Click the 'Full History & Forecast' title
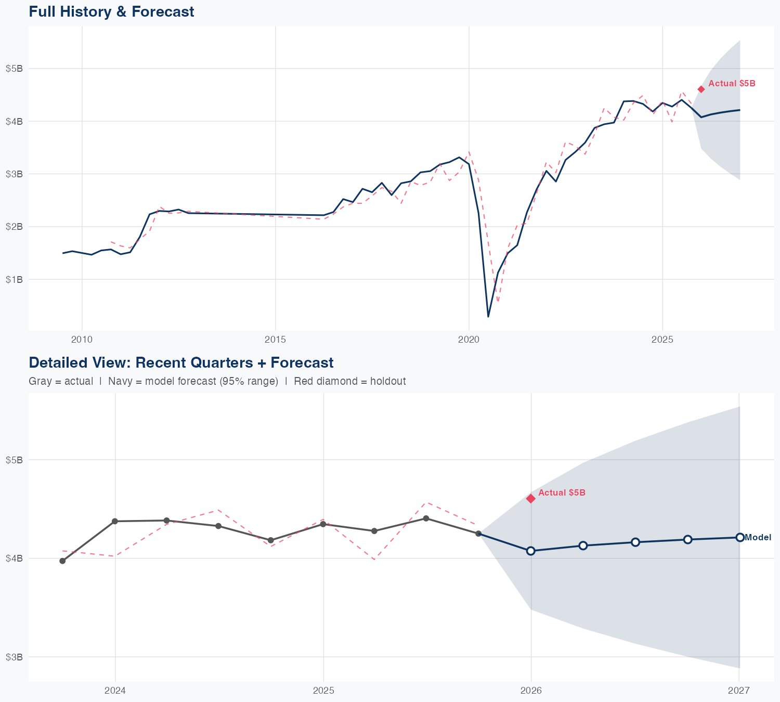(x=111, y=11)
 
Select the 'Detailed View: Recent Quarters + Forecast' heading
(x=181, y=362)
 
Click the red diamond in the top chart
(x=701, y=89)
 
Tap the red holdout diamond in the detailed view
(x=531, y=499)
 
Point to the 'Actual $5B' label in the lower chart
(x=562, y=492)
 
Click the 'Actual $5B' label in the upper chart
(x=732, y=83)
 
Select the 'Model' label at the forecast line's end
(x=758, y=538)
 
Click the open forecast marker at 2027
(x=739, y=537)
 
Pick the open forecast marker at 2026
(x=531, y=551)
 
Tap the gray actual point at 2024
(x=115, y=521)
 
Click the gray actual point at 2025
(x=323, y=524)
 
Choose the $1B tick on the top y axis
(x=14, y=280)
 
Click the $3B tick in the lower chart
(x=14, y=657)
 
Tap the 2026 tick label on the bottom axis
(x=531, y=691)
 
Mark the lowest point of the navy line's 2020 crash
(x=488, y=316)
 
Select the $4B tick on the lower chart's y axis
(x=14, y=558)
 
